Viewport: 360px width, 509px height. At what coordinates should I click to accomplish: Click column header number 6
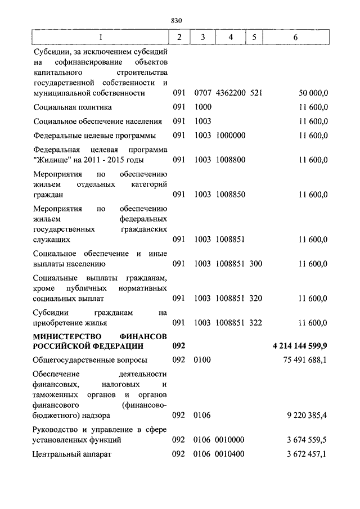295,37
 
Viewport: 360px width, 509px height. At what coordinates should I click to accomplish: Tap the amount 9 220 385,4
307,416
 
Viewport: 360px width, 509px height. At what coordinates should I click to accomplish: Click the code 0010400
231,454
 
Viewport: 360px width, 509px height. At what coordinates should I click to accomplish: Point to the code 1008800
231,160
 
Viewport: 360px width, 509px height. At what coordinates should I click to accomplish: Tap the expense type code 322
256,322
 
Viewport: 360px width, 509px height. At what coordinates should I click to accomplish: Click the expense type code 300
256,263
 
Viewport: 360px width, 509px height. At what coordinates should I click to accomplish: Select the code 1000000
231,136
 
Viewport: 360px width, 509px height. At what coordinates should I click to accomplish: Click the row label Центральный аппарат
73,454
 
